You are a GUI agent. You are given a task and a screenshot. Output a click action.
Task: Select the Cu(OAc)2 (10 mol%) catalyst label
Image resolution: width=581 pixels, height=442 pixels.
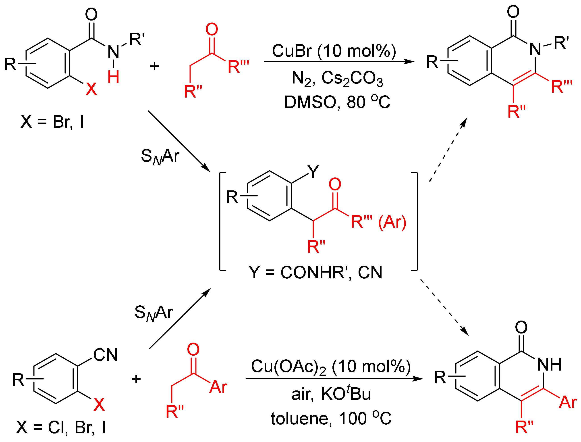click(330, 367)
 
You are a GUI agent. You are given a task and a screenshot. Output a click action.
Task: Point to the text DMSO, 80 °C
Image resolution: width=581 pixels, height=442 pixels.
click(337, 102)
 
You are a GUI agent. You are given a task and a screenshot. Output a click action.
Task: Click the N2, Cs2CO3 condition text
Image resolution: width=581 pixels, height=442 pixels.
click(337, 78)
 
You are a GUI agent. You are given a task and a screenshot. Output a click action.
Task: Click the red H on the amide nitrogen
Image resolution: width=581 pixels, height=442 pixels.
click(113, 77)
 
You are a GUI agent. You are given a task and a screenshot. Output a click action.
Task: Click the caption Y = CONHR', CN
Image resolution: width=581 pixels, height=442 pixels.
click(315, 272)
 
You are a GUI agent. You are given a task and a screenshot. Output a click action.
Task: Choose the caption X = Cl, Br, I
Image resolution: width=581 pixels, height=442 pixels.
click(61, 427)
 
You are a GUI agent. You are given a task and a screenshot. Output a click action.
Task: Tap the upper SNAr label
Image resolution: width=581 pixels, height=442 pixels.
click(160, 156)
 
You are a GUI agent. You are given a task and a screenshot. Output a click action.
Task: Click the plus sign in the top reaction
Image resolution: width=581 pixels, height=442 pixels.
click(154, 66)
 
